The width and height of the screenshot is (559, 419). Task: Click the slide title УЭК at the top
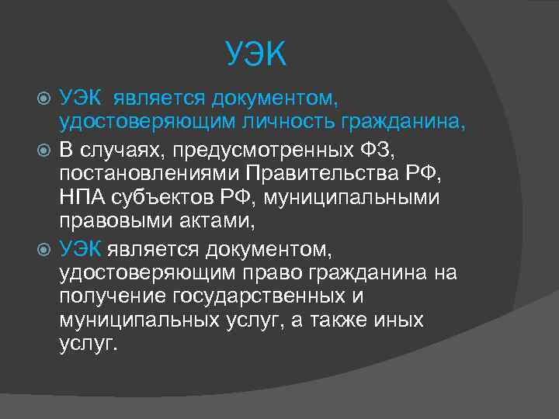point(257,54)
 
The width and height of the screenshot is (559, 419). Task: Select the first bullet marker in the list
point(43,99)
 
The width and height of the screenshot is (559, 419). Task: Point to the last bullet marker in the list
point(43,248)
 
